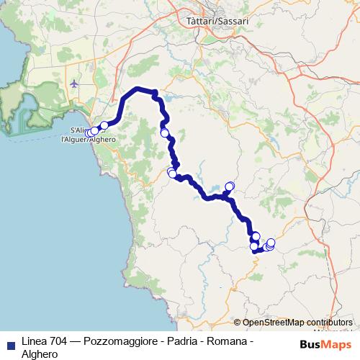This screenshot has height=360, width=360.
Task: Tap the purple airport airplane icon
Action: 75,84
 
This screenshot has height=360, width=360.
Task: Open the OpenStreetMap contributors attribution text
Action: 297,323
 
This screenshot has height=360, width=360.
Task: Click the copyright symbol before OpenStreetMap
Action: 237,323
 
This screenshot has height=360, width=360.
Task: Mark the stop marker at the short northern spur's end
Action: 230,186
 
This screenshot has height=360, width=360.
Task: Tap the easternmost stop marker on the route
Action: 271,243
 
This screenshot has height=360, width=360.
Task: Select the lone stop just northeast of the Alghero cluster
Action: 104,125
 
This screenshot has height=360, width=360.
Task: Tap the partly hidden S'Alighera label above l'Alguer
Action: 81,129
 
